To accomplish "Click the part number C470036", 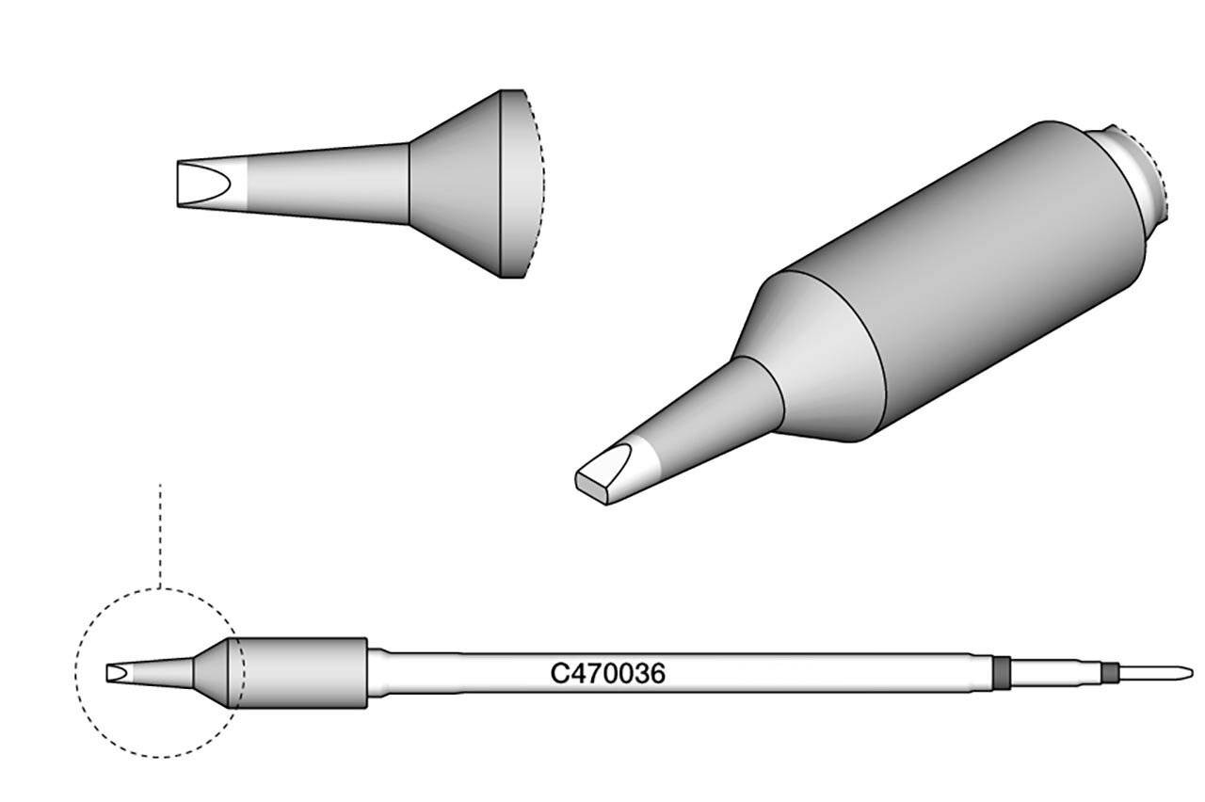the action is [607, 673].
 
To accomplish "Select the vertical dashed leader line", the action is [160, 536].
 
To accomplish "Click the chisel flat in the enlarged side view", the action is [204, 184].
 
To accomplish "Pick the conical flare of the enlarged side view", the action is [455, 184].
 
